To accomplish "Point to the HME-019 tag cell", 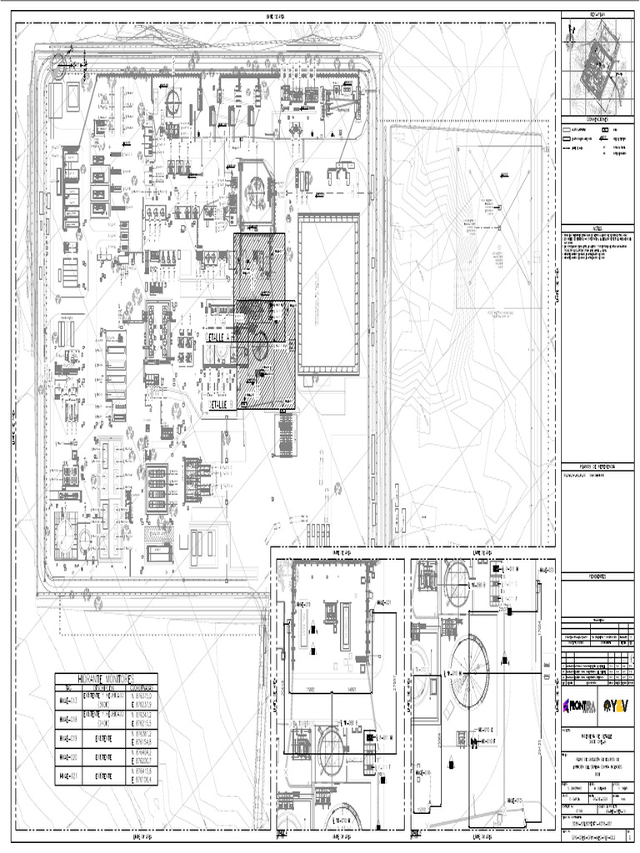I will tap(67, 738).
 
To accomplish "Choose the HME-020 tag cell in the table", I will tap(67, 757).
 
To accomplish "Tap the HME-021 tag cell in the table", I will tap(67, 776).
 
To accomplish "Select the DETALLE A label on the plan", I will tap(218, 340).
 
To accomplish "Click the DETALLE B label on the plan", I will tap(218, 403).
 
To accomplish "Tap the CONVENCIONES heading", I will tap(597, 119).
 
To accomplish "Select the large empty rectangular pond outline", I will tap(328, 293).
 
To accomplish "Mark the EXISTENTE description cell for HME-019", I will tap(105, 738).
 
